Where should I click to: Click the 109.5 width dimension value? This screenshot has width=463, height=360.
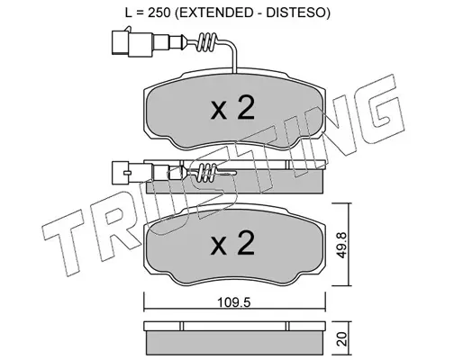[234, 302]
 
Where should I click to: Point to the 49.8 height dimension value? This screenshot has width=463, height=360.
[341, 245]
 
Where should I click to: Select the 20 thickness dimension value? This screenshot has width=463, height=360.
[342, 339]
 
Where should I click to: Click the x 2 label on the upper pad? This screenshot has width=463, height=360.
[232, 109]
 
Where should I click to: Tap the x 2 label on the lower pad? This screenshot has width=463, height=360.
[232, 244]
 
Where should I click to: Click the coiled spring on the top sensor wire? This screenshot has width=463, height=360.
[207, 42]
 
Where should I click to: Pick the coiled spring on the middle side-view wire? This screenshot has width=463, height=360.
[205, 173]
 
